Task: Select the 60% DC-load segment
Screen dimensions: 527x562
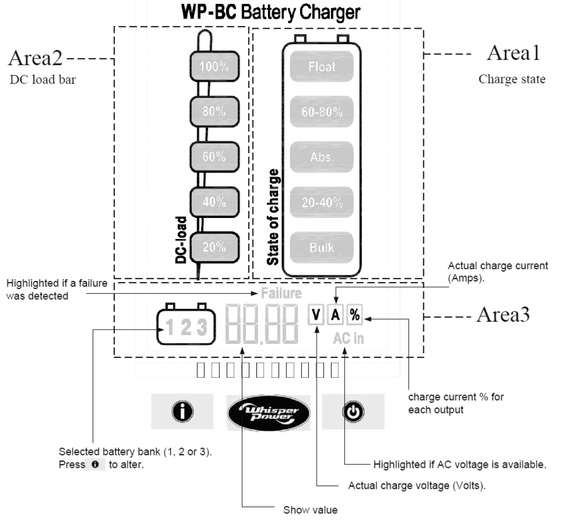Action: point(215,158)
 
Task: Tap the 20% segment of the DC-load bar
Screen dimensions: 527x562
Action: point(215,248)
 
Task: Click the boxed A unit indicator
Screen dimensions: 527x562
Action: point(335,316)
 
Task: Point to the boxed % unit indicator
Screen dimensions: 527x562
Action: point(354,316)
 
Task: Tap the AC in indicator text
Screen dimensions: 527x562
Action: point(348,338)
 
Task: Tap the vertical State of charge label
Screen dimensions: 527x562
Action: point(273,221)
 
